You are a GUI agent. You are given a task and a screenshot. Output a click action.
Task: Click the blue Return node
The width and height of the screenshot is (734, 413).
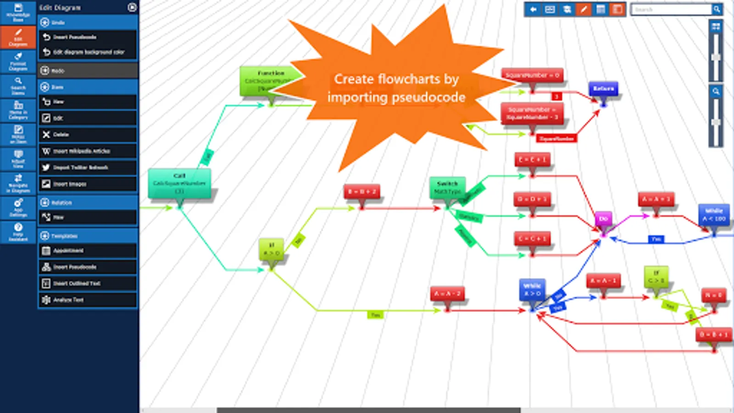pyautogui.click(x=603, y=89)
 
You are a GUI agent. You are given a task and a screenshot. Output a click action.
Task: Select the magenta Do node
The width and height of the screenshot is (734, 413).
pyautogui.click(x=603, y=219)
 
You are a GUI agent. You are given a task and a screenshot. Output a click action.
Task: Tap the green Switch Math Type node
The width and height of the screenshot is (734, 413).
pyautogui.click(x=447, y=188)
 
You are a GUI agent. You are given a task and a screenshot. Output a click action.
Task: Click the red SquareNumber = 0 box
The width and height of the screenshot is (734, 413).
pyautogui.click(x=532, y=75)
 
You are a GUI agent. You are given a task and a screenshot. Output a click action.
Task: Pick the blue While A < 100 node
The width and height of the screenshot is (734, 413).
pyautogui.click(x=714, y=215)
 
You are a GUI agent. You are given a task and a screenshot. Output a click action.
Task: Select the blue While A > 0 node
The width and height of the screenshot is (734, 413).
pyautogui.click(x=532, y=290)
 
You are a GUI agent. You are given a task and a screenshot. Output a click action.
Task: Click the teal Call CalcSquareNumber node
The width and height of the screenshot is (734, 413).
pyautogui.click(x=179, y=183)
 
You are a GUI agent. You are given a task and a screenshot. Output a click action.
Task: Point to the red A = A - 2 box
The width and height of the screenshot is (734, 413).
pyautogui.click(x=447, y=294)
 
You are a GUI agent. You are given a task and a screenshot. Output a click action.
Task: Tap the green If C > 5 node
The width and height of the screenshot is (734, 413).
pyautogui.click(x=656, y=276)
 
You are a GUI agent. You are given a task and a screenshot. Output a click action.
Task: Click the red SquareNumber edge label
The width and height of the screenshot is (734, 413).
pyautogui.click(x=556, y=138)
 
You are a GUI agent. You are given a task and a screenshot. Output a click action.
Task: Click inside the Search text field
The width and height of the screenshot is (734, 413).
pyautogui.click(x=672, y=9)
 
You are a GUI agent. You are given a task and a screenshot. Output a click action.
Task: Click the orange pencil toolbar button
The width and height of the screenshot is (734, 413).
pyautogui.click(x=584, y=9)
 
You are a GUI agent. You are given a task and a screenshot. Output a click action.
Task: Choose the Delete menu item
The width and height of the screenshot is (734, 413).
pyautogui.click(x=88, y=134)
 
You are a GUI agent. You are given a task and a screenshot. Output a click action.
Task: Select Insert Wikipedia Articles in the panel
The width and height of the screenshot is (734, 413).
pyautogui.click(x=88, y=151)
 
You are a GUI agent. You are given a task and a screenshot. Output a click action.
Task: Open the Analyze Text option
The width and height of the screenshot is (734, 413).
pyautogui.click(x=88, y=300)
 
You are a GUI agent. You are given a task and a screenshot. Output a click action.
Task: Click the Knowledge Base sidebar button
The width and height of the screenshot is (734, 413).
pyautogui.click(x=18, y=12)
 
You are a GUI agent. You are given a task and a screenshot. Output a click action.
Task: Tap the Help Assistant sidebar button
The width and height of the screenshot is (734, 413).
pyautogui.click(x=18, y=232)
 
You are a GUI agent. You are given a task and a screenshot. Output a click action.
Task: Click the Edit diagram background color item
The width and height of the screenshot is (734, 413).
pyautogui.click(x=88, y=52)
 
